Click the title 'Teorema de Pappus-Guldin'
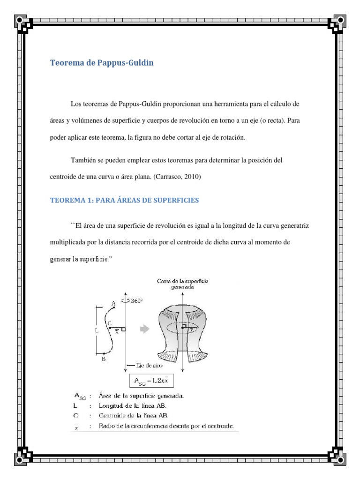point(102,62)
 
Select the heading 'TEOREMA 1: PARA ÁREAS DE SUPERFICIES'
point(124,200)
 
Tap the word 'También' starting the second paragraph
point(85,160)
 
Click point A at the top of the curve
point(113,304)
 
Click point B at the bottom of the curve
point(103,359)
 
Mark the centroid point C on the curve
point(109,323)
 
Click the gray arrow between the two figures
point(145,329)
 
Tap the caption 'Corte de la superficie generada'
point(183,284)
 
